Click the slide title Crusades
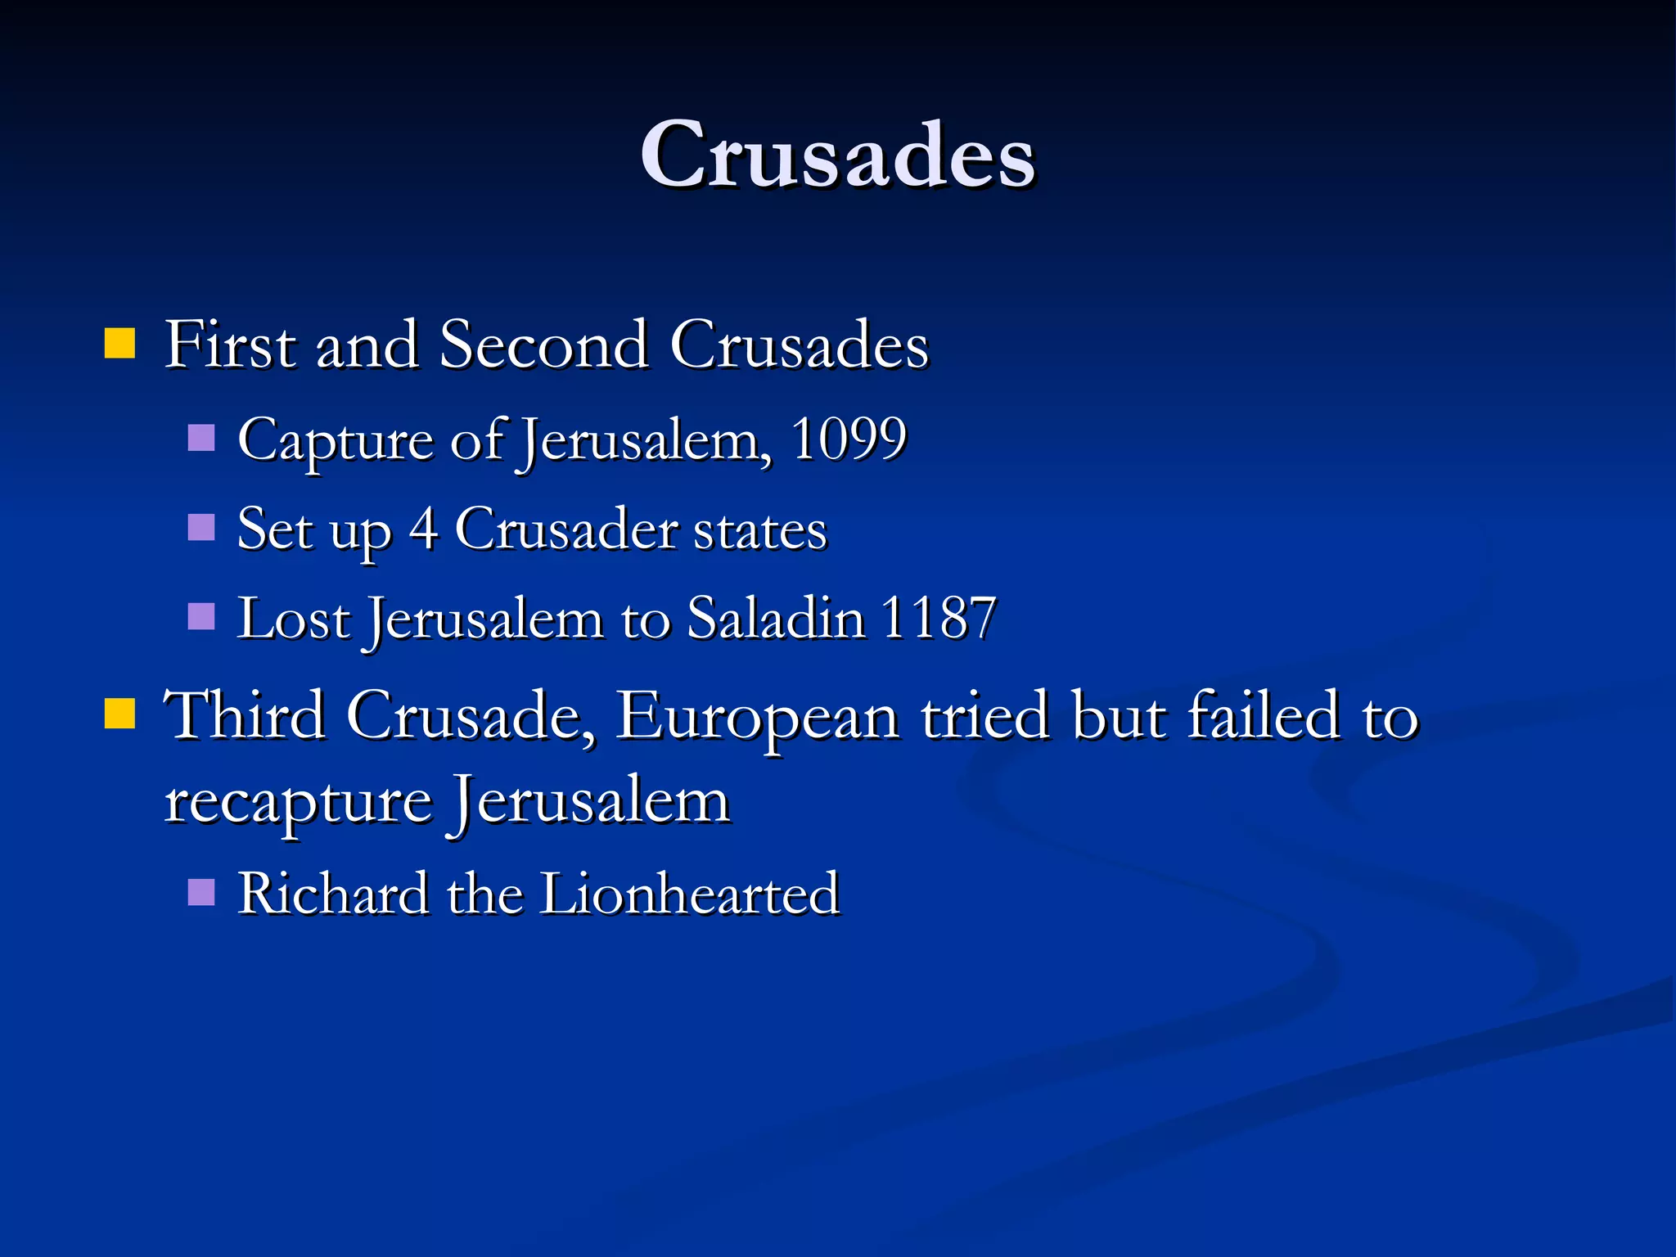[837, 155]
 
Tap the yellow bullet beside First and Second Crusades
[119, 344]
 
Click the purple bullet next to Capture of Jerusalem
[200, 438]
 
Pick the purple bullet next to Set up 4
[200, 527]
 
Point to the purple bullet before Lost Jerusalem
[200, 615]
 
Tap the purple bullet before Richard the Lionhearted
[200, 891]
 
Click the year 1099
[849, 439]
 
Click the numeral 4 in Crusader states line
[423, 529]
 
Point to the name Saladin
[776, 617]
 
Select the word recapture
[298, 803]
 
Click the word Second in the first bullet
[544, 345]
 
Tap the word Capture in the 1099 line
[336, 442]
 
